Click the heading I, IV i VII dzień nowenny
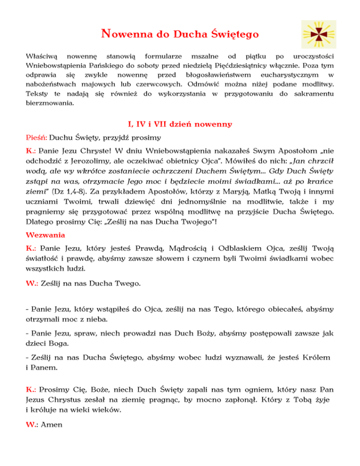[x=180, y=125]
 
